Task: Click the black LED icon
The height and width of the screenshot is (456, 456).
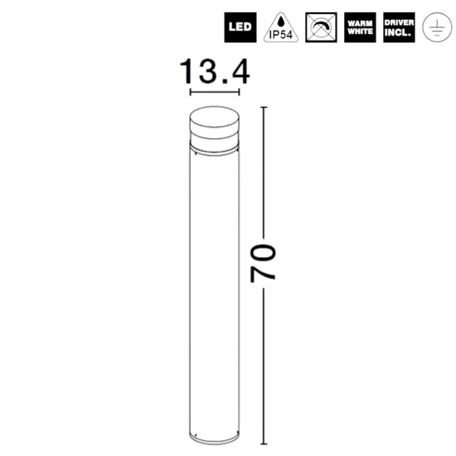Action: (240, 27)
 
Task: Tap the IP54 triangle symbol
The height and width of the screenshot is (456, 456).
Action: (281, 28)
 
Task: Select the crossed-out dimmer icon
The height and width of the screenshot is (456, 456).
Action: (321, 27)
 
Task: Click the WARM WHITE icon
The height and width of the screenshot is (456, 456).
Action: (360, 27)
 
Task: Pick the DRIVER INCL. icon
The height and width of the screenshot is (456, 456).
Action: (399, 27)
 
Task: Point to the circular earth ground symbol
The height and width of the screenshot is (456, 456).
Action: (437, 27)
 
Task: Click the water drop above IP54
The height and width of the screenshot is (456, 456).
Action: (280, 22)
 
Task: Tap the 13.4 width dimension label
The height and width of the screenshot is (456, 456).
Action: (215, 71)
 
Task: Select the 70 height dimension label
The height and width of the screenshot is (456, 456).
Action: (263, 264)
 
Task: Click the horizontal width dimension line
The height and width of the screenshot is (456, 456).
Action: (215, 93)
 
